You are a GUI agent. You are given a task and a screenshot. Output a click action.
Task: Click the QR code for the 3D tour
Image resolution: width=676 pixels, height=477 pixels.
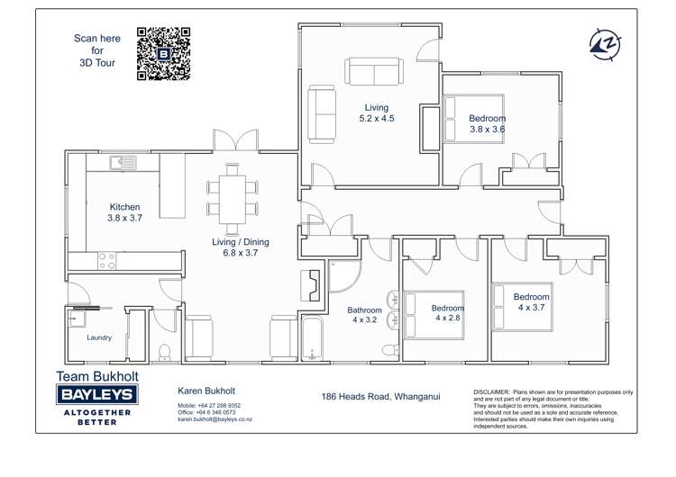click(x=163, y=54)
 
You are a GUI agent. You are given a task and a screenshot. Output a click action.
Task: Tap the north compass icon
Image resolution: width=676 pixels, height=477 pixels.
click(x=605, y=44)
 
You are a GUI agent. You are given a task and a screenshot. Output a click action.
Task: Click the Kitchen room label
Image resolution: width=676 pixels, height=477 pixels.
click(x=124, y=207)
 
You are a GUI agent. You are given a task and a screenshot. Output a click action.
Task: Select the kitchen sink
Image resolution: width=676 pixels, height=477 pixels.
click(x=123, y=163)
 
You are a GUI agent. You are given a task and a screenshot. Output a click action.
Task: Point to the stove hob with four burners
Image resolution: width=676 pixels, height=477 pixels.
click(x=106, y=260)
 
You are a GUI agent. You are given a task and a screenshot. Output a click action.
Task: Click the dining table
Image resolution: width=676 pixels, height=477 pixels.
click(x=232, y=199)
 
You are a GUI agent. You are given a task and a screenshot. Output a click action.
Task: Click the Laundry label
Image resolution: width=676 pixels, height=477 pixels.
click(x=99, y=337)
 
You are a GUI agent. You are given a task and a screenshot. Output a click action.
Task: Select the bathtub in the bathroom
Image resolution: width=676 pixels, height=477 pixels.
click(x=312, y=338)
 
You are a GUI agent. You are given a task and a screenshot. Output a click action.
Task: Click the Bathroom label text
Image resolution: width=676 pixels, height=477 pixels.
click(x=365, y=310)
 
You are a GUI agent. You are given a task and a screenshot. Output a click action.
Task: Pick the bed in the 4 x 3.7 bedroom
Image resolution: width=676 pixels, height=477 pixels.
click(x=522, y=307)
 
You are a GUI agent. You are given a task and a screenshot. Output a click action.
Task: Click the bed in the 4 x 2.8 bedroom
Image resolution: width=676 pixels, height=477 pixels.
click(x=434, y=315)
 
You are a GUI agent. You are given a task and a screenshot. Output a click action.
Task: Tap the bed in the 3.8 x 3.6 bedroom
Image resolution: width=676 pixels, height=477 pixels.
click(x=473, y=119)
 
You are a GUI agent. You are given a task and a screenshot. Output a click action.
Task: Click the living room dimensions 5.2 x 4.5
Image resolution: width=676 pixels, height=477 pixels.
click(x=377, y=119)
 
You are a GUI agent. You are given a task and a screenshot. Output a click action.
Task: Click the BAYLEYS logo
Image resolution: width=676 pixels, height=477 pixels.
click(x=97, y=394)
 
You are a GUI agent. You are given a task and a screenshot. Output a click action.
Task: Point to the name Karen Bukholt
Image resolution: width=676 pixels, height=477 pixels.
click(x=206, y=391)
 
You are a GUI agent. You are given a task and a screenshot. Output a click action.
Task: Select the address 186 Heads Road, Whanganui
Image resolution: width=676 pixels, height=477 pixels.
click(x=380, y=397)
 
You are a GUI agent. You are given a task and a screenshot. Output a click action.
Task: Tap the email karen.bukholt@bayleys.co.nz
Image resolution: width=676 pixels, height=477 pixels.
click(x=215, y=419)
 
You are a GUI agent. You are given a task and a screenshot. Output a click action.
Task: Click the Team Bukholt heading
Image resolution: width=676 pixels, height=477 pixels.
click(x=97, y=376)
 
